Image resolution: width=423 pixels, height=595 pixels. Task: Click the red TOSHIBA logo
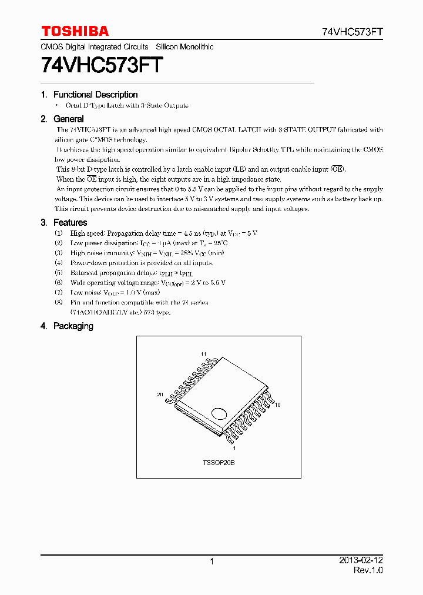[x=75, y=31]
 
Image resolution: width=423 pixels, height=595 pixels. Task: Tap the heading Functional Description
[x=95, y=95]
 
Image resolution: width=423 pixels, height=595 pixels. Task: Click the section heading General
[x=68, y=119]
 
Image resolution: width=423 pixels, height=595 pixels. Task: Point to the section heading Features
[x=70, y=222]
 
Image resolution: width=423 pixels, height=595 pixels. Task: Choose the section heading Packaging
[x=73, y=326]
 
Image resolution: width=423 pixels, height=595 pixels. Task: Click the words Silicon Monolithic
[x=184, y=47]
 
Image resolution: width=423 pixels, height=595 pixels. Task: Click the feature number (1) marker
[x=58, y=233]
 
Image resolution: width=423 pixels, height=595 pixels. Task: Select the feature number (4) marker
[x=58, y=263]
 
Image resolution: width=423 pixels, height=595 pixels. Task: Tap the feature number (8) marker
[x=58, y=302]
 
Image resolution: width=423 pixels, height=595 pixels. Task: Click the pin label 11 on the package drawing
[x=204, y=354]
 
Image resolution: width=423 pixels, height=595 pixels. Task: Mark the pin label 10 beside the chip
[x=278, y=405]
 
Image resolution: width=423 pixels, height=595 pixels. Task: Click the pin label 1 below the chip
[x=235, y=448]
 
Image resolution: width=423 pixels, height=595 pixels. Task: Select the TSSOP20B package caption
[x=219, y=463]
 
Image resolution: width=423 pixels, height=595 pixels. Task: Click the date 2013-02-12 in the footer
[x=361, y=561]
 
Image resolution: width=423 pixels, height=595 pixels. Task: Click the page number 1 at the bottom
[x=211, y=561]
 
